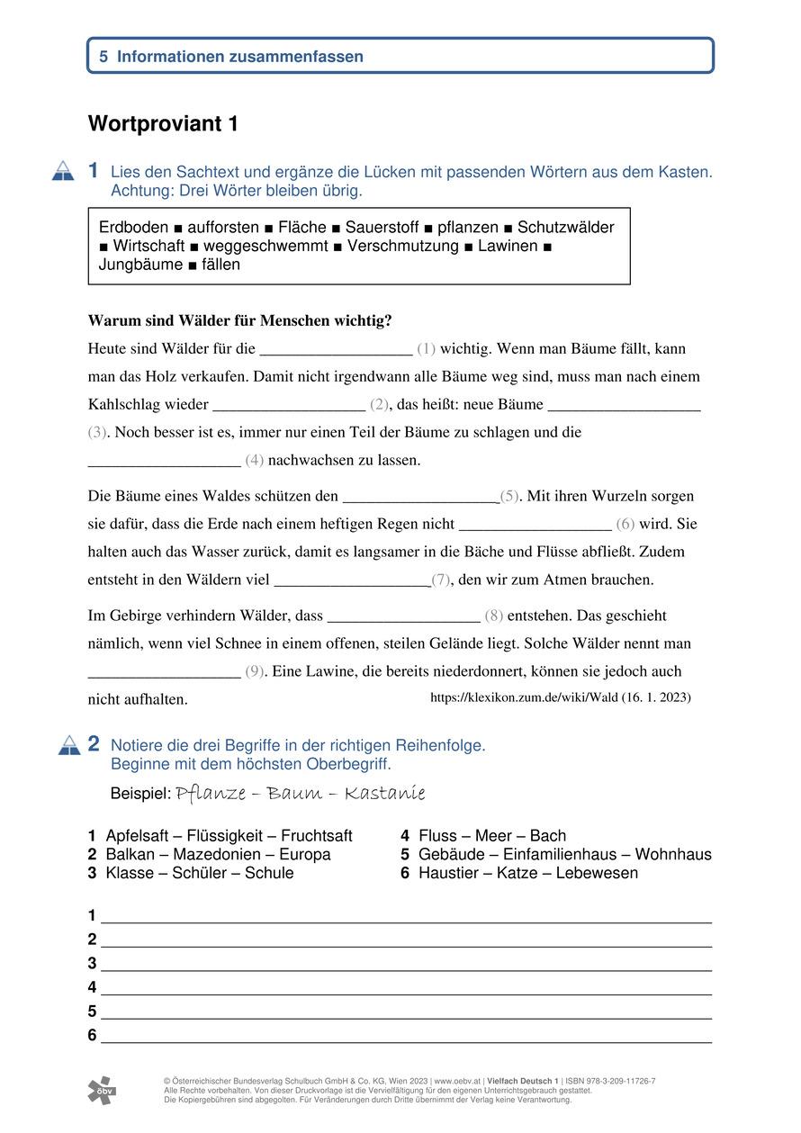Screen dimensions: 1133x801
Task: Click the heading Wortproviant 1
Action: click(163, 125)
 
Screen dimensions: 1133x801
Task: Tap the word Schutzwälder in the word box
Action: click(566, 228)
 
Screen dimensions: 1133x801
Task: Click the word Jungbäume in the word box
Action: click(140, 265)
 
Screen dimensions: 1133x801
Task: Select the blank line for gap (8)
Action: click(404, 618)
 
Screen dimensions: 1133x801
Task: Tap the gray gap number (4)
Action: click(254, 461)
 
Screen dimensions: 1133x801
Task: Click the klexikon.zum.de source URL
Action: click(561, 697)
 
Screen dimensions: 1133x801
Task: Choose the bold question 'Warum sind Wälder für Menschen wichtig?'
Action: click(239, 320)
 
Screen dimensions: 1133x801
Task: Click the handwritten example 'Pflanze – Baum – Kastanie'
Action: click(301, 794)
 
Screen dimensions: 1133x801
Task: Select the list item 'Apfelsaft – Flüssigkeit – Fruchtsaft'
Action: click(229, 836)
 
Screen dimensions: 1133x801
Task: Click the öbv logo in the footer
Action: click(102, 1090)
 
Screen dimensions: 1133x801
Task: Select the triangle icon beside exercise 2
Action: click(69, 745)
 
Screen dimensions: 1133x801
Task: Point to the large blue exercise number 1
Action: click(94, 170)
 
